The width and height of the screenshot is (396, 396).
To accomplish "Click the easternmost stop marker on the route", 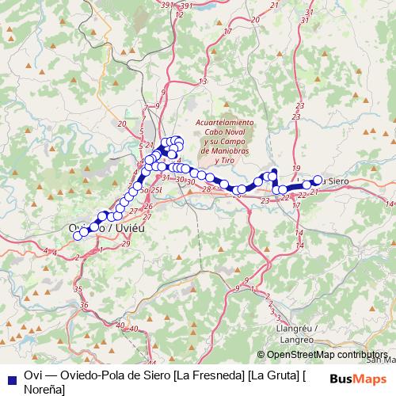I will point(318,180).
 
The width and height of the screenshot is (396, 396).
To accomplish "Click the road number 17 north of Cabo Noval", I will point(227,32).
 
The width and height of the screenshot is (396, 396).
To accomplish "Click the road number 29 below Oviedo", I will point(127,243).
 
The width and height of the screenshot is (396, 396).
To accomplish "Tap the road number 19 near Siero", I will point(296,169).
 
